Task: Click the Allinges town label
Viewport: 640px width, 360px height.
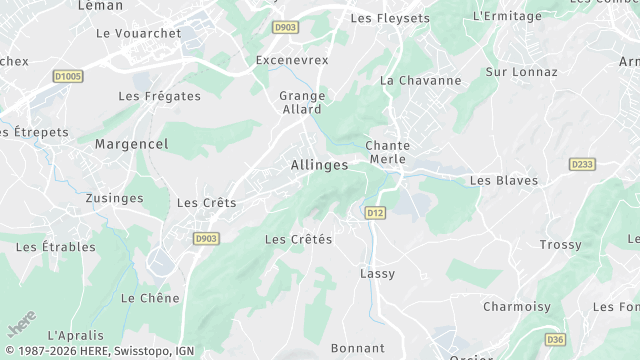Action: click(319, 165)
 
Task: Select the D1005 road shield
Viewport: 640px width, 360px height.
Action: click(69, 75)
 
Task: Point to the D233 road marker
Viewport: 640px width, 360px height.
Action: click(581, 163)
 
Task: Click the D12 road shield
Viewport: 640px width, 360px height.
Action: click(375, 212)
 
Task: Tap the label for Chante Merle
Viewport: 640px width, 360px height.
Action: click(388, 152)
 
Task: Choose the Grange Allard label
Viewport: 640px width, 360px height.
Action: click(300, 102)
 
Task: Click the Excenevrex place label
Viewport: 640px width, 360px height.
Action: click(292, 60)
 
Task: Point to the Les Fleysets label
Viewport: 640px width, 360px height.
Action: click(390, 18)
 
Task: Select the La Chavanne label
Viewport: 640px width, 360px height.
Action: click(421, 80)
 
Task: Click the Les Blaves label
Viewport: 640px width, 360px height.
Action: click(504, 181)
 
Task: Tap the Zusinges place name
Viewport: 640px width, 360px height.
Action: click(115, 198)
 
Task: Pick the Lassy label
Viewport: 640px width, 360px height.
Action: click(377, 273)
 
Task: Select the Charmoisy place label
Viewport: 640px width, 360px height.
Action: click(517, 306)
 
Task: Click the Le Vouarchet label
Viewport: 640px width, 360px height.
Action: click(139, 33)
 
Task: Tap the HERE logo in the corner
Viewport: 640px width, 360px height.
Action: click(20, 327)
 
